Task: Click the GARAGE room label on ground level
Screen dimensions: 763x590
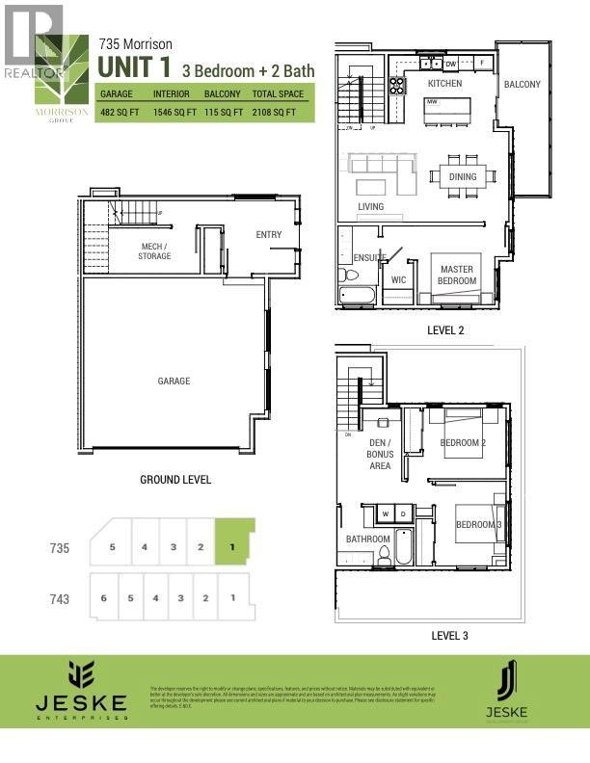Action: (x=174, y=381)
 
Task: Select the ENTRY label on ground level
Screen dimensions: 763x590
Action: (x=269, y=235)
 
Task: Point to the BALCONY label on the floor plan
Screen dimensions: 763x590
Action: (x=522, y=84)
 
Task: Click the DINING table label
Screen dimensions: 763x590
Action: (x=463, y=177)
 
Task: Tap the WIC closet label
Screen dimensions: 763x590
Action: (x=398, y=280)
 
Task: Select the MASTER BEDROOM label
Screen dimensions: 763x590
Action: (x=458, y=275)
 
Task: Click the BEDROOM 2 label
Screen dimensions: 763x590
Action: (x=463, y=443)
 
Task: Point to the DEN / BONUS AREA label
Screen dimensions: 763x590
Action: (x=380, y=454)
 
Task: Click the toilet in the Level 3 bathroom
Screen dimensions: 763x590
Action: (x=383, y=554)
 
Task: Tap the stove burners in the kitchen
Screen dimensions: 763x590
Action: (x=396, y=85)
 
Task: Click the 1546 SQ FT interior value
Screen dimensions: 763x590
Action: (x=173, y=113)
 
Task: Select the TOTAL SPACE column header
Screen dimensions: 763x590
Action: (x=279, y=94)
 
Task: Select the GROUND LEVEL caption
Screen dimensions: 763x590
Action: (x=175, y=479)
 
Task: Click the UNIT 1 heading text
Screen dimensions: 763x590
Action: (x=130, y=67)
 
